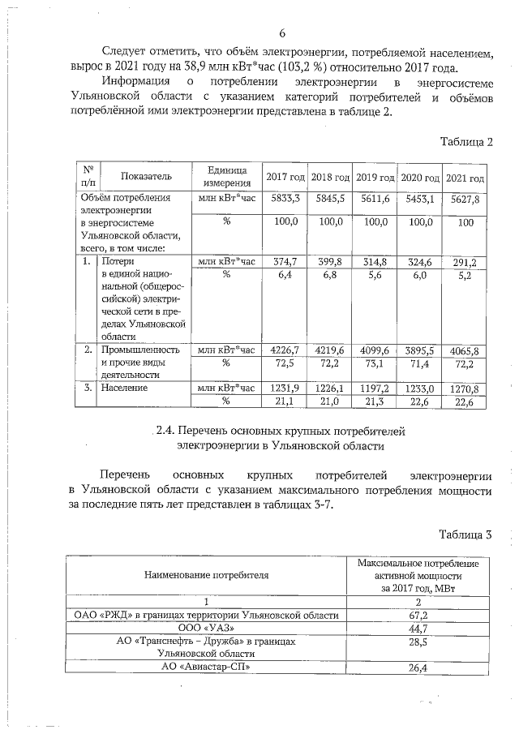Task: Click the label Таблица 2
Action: tap(465, 142)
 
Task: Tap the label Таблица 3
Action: tap(465, 534)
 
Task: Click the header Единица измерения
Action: tap(226, 177)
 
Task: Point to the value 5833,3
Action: tap(285, 199)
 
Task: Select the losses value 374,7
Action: tap(285, 262)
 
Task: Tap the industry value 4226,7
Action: tap(284, 350)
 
